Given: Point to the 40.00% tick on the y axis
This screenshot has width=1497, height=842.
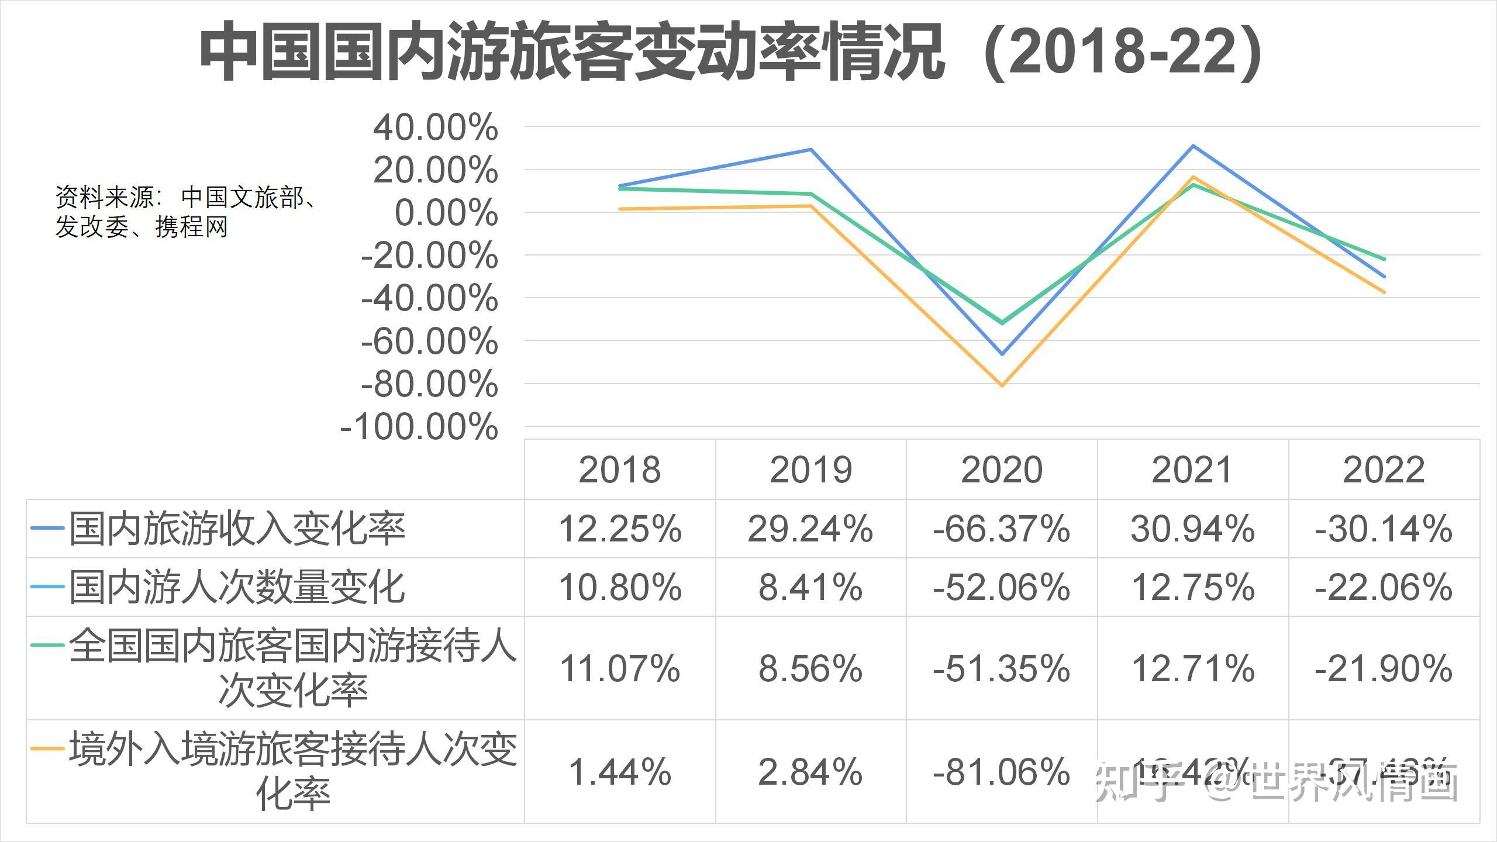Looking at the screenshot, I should point(435,127).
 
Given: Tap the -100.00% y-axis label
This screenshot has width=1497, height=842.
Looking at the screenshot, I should point(419,427).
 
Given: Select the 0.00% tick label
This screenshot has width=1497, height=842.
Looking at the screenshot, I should point(446,213).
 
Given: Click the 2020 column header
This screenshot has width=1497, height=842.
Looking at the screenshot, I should point(1002,470).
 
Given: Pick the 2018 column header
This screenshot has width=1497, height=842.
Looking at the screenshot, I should point(619,470).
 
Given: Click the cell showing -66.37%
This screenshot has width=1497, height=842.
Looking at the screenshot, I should point(1002,529).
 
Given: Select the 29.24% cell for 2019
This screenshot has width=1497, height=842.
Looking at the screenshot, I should point(810,529).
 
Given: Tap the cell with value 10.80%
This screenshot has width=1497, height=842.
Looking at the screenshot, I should point(620,587).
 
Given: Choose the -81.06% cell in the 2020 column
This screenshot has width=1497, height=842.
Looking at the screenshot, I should point(1002,772).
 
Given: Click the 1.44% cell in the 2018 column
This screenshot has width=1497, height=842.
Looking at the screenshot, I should point(620,772).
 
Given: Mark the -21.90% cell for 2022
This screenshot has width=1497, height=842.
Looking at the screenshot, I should point(1384,668).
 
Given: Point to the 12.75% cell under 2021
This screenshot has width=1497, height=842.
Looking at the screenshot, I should point(1193,587).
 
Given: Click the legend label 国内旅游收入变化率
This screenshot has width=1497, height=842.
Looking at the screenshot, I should point(237,529).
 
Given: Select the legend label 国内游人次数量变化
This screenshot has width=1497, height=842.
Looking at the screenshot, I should point(237,587).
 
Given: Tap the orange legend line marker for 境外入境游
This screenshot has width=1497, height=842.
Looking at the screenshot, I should point(47,748).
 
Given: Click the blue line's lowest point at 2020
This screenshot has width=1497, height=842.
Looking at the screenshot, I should point(1002,354).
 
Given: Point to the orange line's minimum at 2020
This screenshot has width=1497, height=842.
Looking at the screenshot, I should point(1002,385).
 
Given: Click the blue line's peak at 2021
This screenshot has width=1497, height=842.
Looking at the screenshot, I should point(1193,146).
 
